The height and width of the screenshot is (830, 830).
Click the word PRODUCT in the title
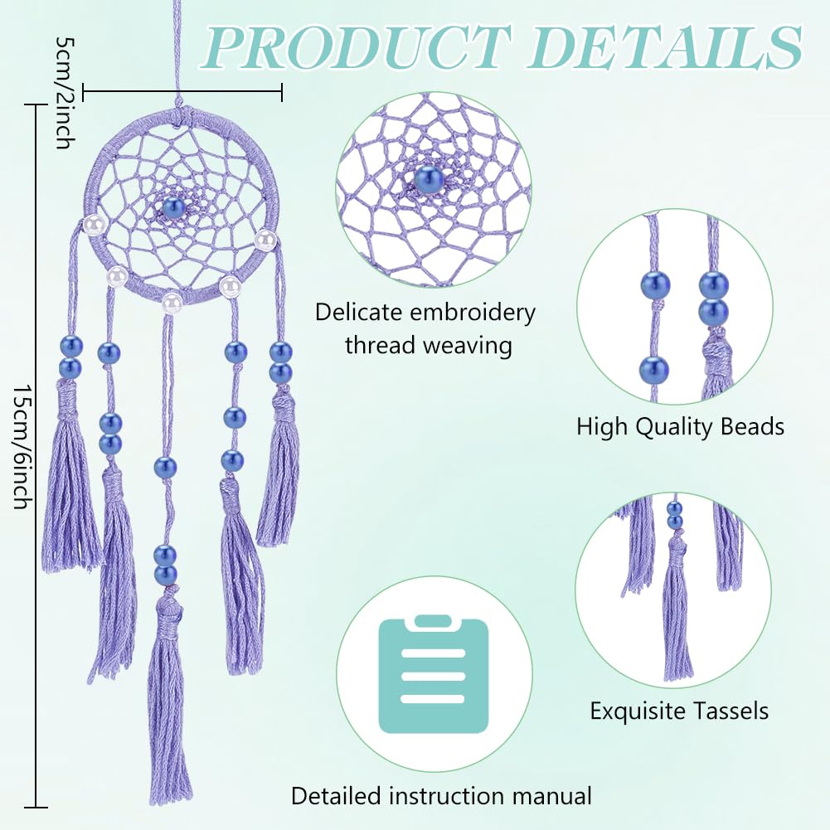pos(356,46)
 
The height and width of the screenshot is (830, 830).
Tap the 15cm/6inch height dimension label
pos(26,448)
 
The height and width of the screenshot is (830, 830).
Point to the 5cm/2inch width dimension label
pos(63,91)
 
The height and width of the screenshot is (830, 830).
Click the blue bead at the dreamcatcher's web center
pos(172,207)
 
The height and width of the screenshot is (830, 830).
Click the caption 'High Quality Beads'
pos(680,427)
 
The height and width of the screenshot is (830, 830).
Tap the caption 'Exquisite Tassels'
pos(679,711)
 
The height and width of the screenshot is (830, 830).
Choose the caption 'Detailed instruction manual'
pos(441,797)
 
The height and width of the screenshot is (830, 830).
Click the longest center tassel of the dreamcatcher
pos(169,705)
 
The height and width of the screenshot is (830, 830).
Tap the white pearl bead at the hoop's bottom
pos(172,301)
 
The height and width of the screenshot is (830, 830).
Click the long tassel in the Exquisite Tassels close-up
pos(677,614)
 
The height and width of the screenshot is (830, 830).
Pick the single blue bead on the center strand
pos(165,468)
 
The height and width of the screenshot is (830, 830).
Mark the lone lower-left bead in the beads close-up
pos(654,368)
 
